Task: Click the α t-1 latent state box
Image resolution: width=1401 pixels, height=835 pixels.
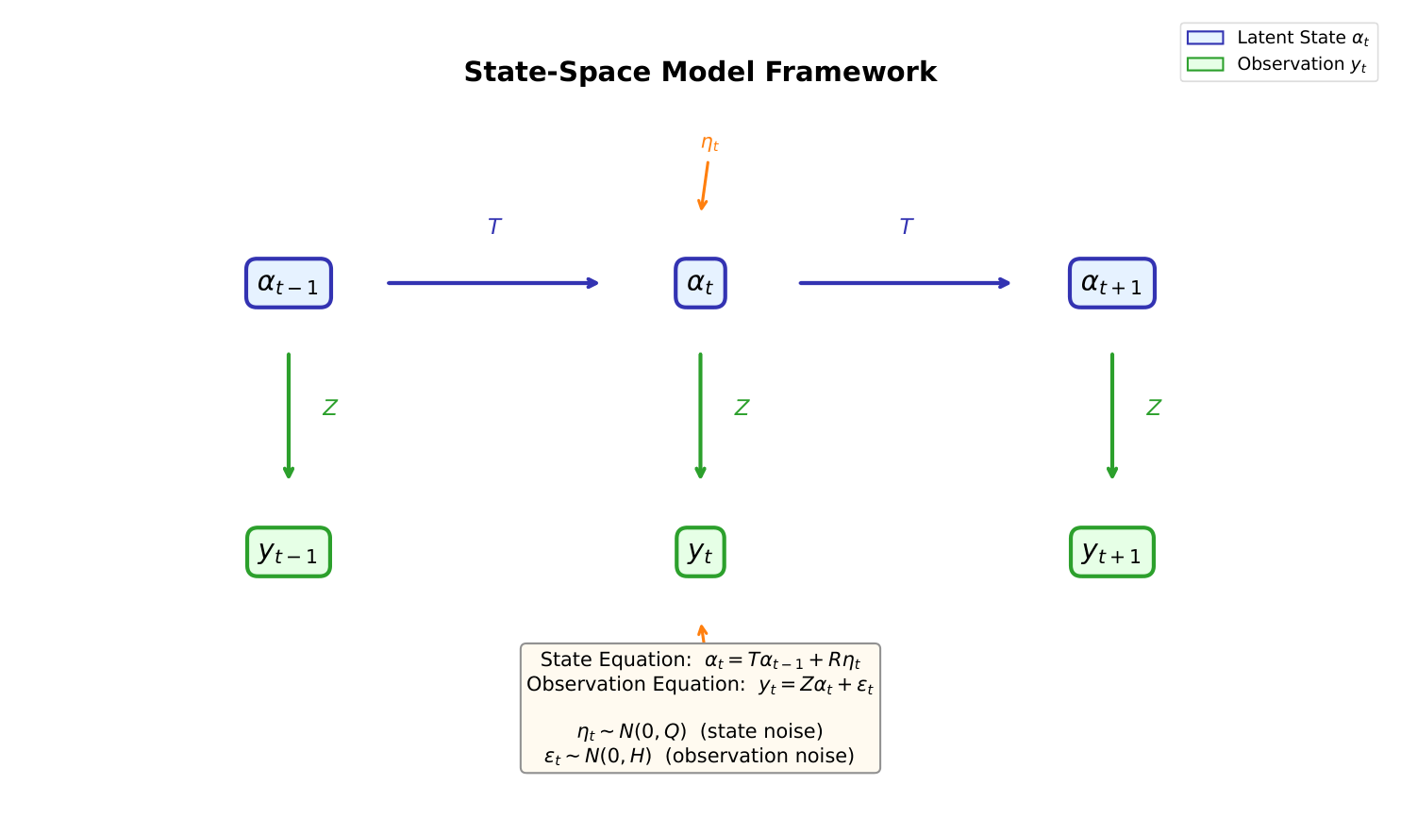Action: [x=289, y=283]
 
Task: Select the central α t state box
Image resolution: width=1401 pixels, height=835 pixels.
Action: [x=700, y=283]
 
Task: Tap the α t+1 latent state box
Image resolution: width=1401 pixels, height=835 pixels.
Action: [x=1111, y=283]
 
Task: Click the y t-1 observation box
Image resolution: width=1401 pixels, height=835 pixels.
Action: [x=289, y=552]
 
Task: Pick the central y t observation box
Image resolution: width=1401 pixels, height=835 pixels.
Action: [x=700, y=552]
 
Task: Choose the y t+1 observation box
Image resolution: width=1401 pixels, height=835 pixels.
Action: [x=1111, y=552]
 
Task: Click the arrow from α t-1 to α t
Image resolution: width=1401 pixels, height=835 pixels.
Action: [x=492, y=283]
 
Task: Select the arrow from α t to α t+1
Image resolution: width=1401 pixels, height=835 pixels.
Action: [x=904, y=283]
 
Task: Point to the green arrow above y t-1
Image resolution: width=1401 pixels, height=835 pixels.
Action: [x=289, y=415]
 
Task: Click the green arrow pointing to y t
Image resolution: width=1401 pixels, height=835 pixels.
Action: [x=700, y=415]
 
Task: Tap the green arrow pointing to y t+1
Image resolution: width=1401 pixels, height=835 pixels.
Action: [x=1112, y=415]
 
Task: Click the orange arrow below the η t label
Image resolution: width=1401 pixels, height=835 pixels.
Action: [x=705, y=186]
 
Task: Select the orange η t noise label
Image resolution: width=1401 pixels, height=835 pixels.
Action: [x=709, y=143]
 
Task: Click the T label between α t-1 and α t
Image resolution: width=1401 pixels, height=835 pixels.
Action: [x=494, y=226]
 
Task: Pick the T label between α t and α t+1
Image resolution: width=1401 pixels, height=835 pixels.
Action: [x=906, y=226]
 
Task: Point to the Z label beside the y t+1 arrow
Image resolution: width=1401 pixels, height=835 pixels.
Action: [x=1153, y=408]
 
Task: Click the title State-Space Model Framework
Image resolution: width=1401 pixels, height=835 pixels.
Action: [x=700, y=72]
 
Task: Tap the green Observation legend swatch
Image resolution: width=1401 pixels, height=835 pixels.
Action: [x=1205, y=64]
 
